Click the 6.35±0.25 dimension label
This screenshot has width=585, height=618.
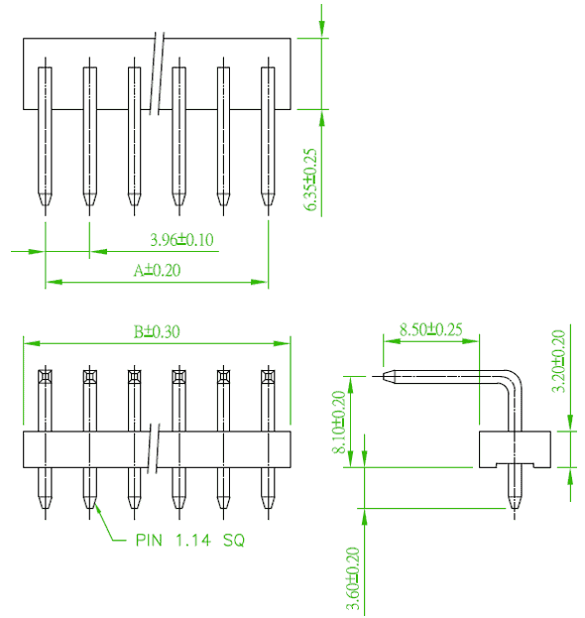(x=310, y=180)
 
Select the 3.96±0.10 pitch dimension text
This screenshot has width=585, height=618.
(x=182, y=240)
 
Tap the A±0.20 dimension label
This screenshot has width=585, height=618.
(x=157, y=271)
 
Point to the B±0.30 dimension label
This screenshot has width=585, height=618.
(x=157, y=332)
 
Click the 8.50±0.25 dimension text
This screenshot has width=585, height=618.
(x=431, y=329)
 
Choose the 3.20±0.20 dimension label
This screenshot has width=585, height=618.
(x=558, y=361)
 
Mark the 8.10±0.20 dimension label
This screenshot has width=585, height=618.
(x=339, y=423)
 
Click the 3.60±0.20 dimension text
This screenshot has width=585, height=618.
(x=353, y=578)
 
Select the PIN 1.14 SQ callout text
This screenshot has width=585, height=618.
(x=190, y=540)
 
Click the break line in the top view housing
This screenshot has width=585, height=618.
(x=157, y=73)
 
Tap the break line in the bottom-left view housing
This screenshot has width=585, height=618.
(x=154, y=449)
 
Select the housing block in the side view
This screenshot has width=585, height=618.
(x=515, y=449)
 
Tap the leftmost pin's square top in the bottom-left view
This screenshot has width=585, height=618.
(x=45, y=376)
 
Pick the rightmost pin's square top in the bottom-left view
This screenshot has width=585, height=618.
(x=268, y=376)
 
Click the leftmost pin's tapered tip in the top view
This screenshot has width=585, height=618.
(x=45, y=199)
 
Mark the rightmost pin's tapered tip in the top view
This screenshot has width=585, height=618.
(x=268, y=199)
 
